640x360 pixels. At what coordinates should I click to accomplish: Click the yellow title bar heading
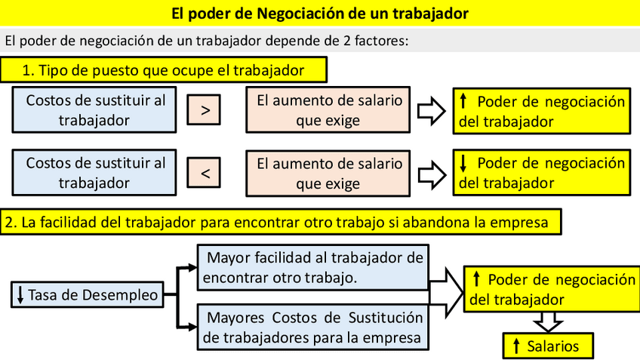pos(320,13)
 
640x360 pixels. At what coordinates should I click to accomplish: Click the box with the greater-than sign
pos(206,110)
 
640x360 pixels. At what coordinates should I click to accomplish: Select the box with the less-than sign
pos(206,174)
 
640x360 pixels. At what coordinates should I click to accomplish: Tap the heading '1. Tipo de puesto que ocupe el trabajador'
pos(164,71)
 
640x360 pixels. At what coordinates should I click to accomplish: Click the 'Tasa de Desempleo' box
pos(88,294)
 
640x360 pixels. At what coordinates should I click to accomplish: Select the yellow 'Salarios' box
pos(549,346)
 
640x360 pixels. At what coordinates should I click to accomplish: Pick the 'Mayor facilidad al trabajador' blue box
pos(314,266)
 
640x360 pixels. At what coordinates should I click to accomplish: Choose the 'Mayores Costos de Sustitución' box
pos(314,325)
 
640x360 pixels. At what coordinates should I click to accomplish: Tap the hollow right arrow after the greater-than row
pos(431,110)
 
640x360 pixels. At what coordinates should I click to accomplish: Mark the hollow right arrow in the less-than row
pos(431,174)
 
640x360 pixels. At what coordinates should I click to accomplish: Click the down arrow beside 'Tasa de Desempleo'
pos(20,294)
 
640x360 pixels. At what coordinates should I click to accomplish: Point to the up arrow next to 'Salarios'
pos(516,346)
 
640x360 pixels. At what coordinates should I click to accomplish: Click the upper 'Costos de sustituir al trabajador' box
pos(95,110)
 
